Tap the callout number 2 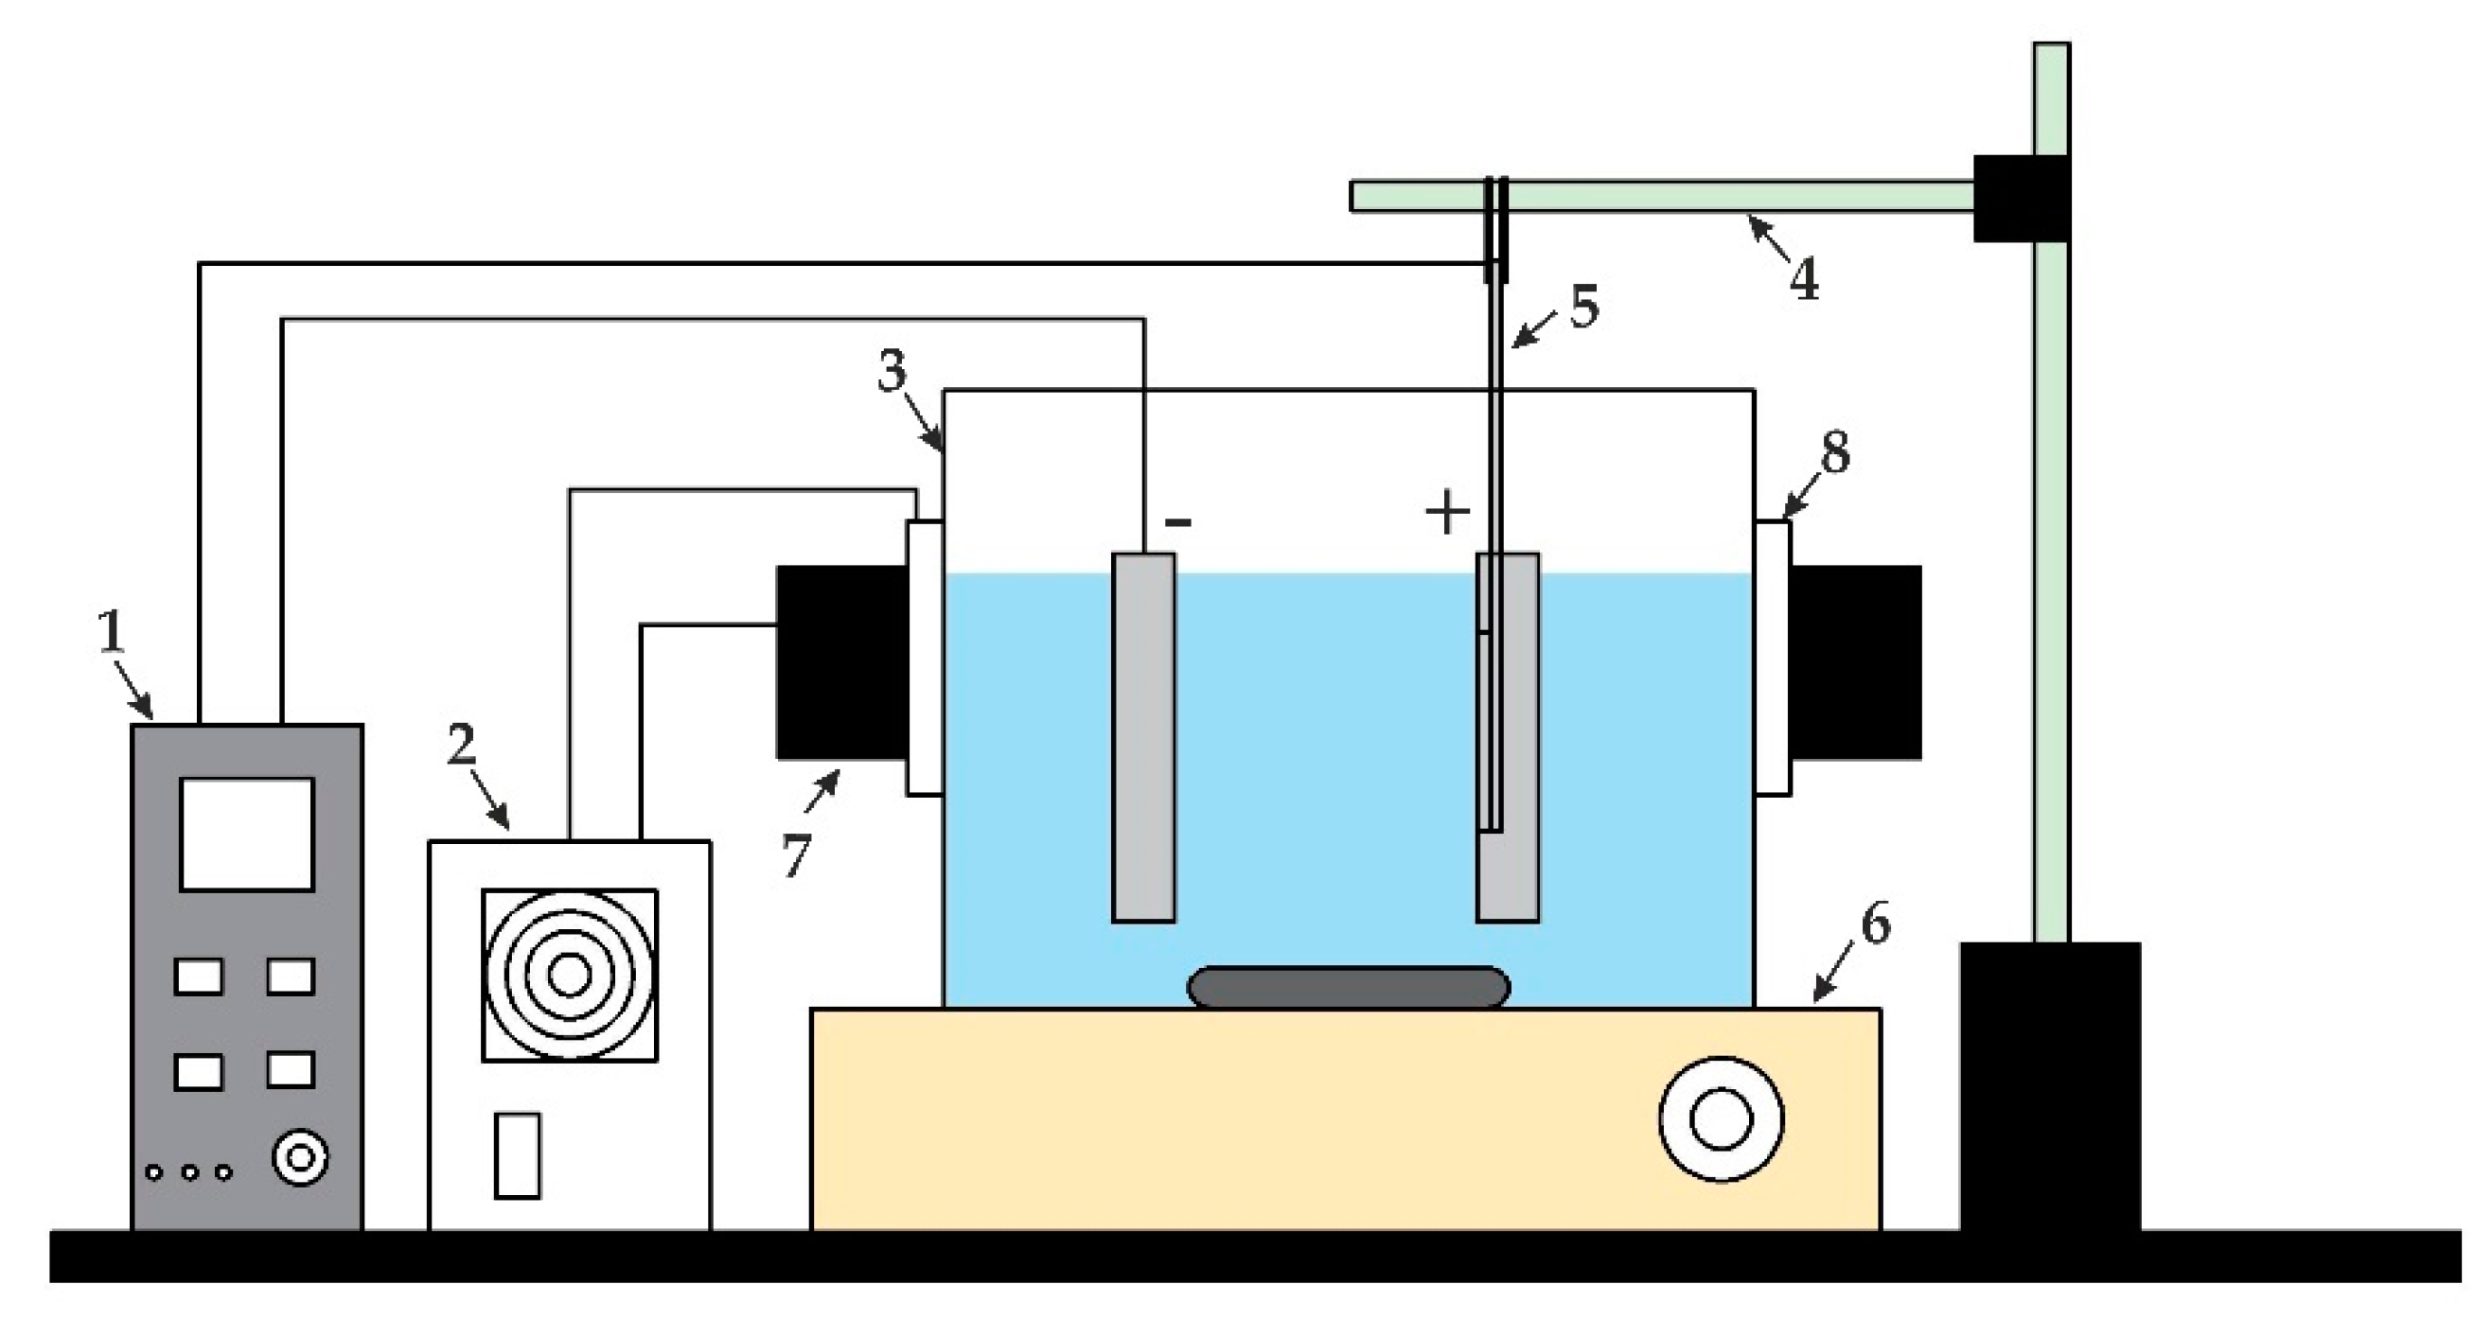462,744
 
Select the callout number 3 892,371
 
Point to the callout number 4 1802,279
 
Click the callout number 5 1583,307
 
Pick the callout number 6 1875,924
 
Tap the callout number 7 795,855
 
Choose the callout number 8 1834,452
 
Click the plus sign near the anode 1448,513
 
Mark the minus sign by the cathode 1178,523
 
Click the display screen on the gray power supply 247,833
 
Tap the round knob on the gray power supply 300,1157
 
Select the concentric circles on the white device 570,976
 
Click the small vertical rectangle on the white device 518,1155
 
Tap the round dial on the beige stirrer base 1721,1119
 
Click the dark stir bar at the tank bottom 1348,988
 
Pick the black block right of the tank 1854,662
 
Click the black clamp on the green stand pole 2020,199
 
